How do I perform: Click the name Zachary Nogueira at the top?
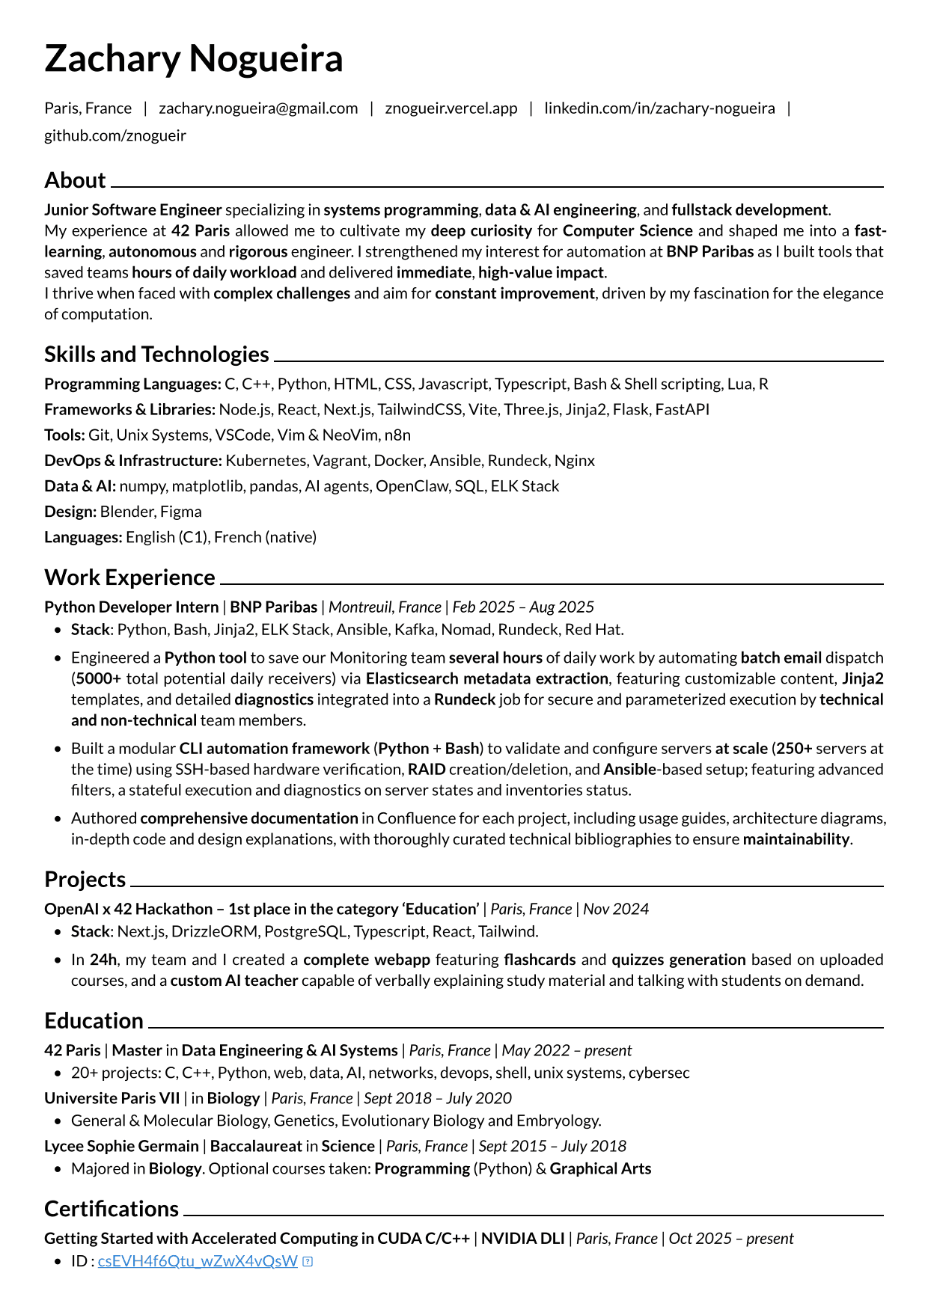click(x=193, y=58)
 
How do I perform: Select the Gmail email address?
click(x=258, y=108)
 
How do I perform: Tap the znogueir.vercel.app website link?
click(x=451, y=108)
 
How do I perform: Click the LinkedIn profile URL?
click(x=659, y=108)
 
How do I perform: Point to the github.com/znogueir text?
click(x=115, y=135)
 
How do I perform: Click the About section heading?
click(x=75, y=180)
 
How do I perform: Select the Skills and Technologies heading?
click(x=156, y=354)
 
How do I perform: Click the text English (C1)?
click(x=168, y=537)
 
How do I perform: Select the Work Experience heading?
click(x=129, y=577)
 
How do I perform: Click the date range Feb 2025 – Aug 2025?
click(x=523, y=607)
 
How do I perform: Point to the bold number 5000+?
click(x=98, y=679)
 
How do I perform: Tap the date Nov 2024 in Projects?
click(x=615, y=909)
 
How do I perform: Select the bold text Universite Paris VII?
click(x=112, y=1098)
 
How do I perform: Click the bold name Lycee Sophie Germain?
click(x=121, y=1146)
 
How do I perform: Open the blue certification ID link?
click(x=198, y=1261)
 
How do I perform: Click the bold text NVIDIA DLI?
click(x=522, y=1239)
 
